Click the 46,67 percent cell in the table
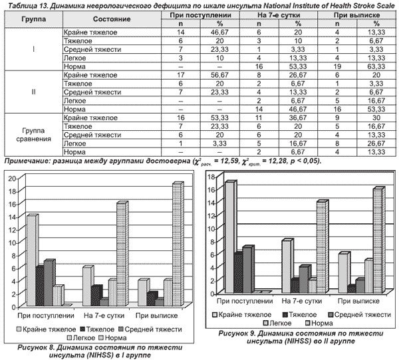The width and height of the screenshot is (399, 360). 219,33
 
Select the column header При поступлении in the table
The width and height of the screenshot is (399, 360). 201,15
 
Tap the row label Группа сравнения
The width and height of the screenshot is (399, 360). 33,135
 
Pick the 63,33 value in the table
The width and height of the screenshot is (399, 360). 376,66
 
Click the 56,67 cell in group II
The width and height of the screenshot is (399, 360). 219,75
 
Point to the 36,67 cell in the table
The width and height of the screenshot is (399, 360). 298,118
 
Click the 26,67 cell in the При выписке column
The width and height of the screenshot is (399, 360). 376,143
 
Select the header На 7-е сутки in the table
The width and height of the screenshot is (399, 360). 279,15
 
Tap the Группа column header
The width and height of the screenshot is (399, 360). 34,19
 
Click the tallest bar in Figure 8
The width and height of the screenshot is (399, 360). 178,244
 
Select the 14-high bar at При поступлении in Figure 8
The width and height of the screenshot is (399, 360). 32,260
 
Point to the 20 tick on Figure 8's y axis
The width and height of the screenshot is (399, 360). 12,179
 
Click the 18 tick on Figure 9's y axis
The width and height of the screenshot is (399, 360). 212,177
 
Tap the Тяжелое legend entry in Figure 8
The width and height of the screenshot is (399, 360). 97,329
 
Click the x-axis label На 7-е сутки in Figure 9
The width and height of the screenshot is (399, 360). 302,302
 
